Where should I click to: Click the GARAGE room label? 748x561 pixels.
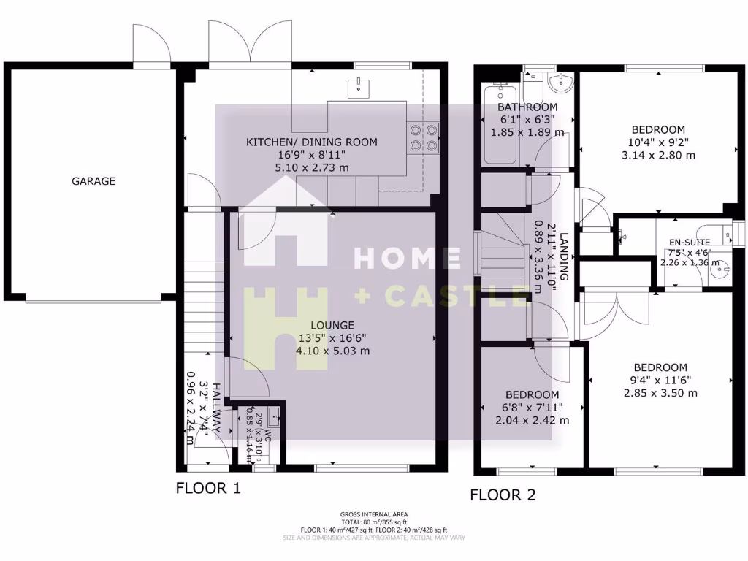93,181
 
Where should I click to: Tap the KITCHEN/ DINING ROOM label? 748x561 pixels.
312,142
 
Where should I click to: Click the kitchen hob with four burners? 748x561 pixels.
424,138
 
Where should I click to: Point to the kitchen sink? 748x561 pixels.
359,86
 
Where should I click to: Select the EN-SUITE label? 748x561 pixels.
690,243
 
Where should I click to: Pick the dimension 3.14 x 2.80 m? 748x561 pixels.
659,155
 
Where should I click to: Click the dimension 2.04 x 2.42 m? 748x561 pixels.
532,420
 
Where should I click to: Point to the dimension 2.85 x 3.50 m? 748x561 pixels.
660,392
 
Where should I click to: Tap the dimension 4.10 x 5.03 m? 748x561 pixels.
332,350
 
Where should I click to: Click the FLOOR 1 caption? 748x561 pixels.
208,487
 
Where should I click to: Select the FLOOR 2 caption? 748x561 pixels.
503,495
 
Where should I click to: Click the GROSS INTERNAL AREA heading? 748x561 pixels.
373,514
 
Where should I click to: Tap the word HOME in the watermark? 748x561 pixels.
407,258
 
